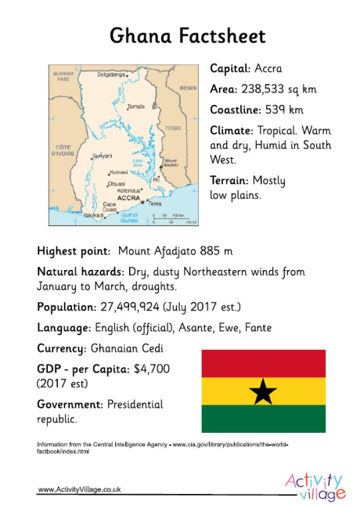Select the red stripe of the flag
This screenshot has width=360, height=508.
coord(263,363)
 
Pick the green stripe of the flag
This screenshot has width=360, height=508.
coord(263,418)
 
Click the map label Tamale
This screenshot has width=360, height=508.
coord(136,106)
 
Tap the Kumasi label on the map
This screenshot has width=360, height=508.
coord(118,171)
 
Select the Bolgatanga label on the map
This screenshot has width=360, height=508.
coord(111,74)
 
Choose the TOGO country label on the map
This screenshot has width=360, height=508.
coord(173,127)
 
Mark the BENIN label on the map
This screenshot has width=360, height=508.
coord(188,89)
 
